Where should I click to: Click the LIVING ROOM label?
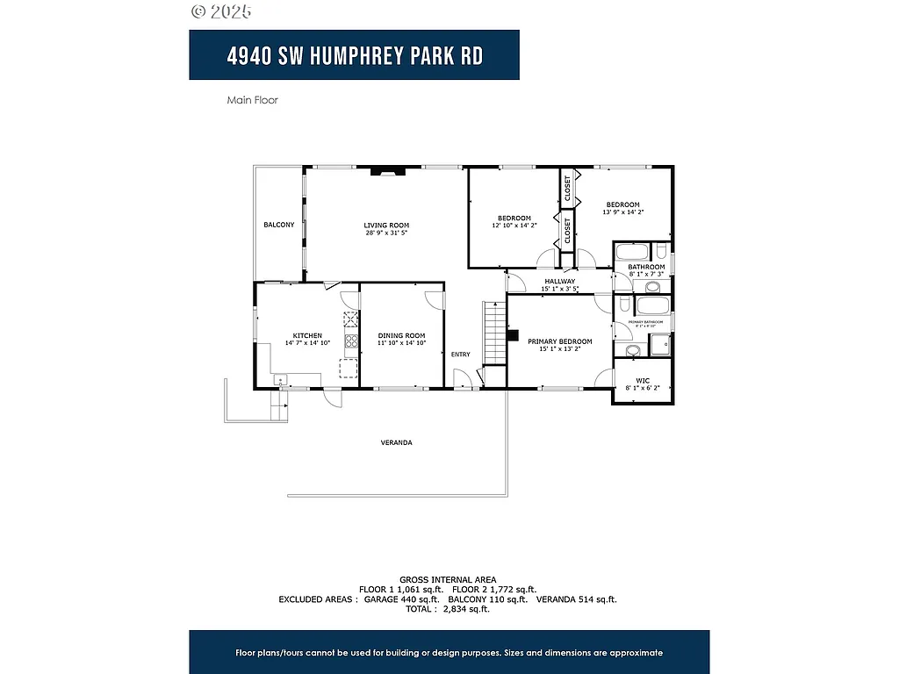tap(386, 226)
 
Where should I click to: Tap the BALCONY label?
tap(279, 226)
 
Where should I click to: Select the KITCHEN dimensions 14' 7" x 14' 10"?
tap(307, 343)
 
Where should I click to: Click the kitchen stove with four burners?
tap(350, 341)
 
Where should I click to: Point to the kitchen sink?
tap(280, 379)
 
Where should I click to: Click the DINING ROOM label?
tap(401, 335)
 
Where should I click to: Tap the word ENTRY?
tap(460, 355)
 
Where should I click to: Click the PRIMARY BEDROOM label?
tap(559, 341)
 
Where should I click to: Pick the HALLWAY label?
tap(558, 281)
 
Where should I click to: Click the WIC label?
tap(643, 380)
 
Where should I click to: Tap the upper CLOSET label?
tap(567, 188)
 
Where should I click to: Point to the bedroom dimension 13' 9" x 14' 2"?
tap(622, 212)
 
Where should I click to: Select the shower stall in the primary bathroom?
tap(660, 345)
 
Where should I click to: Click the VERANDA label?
tap(396, 442)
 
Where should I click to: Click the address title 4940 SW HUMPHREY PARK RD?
tap(354, 55)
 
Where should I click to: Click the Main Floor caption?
tap(252, 100)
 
